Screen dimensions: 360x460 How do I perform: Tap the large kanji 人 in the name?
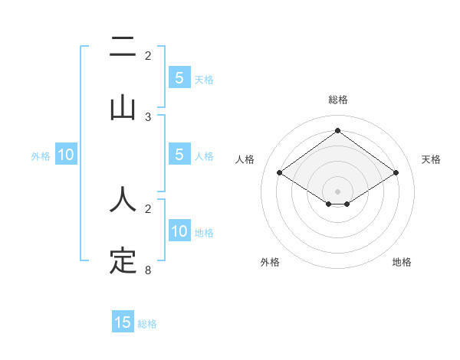[123, 199]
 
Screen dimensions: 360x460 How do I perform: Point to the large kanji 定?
[123, 260]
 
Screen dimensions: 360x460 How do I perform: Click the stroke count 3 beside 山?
[149, 116]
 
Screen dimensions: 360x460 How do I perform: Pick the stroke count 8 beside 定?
[149, 270]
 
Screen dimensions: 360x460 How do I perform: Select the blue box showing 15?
[123, 322]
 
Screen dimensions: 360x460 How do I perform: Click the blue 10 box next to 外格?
[66, 155]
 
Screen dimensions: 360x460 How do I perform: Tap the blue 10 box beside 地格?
[179, 232]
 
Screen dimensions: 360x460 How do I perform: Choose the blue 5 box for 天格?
[179, 78]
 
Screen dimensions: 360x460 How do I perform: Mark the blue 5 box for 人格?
[179, 155]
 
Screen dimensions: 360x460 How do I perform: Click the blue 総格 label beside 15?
[147, 324]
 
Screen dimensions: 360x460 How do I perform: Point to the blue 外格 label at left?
[41, 156]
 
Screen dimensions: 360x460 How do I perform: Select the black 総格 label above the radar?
[337, 100]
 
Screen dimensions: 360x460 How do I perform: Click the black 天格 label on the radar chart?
[431, 159]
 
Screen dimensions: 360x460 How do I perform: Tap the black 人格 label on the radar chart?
[245, 159]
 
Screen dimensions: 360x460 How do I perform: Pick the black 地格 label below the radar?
[402, 262]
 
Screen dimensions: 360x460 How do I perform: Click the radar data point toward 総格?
[337, 130]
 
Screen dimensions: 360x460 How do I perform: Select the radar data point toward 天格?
[396, 173]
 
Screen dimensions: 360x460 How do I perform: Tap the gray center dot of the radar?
[337, 191]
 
